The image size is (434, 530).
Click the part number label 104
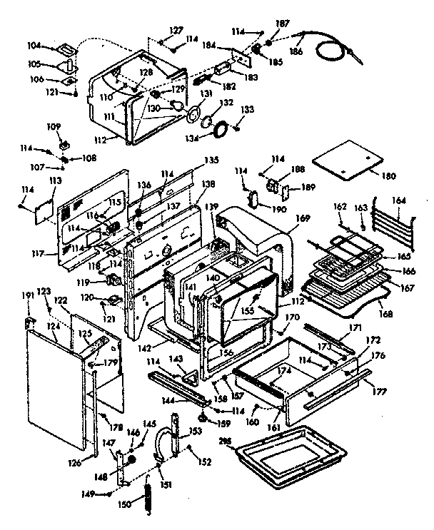(54, 45)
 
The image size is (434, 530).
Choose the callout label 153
(194, 432)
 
